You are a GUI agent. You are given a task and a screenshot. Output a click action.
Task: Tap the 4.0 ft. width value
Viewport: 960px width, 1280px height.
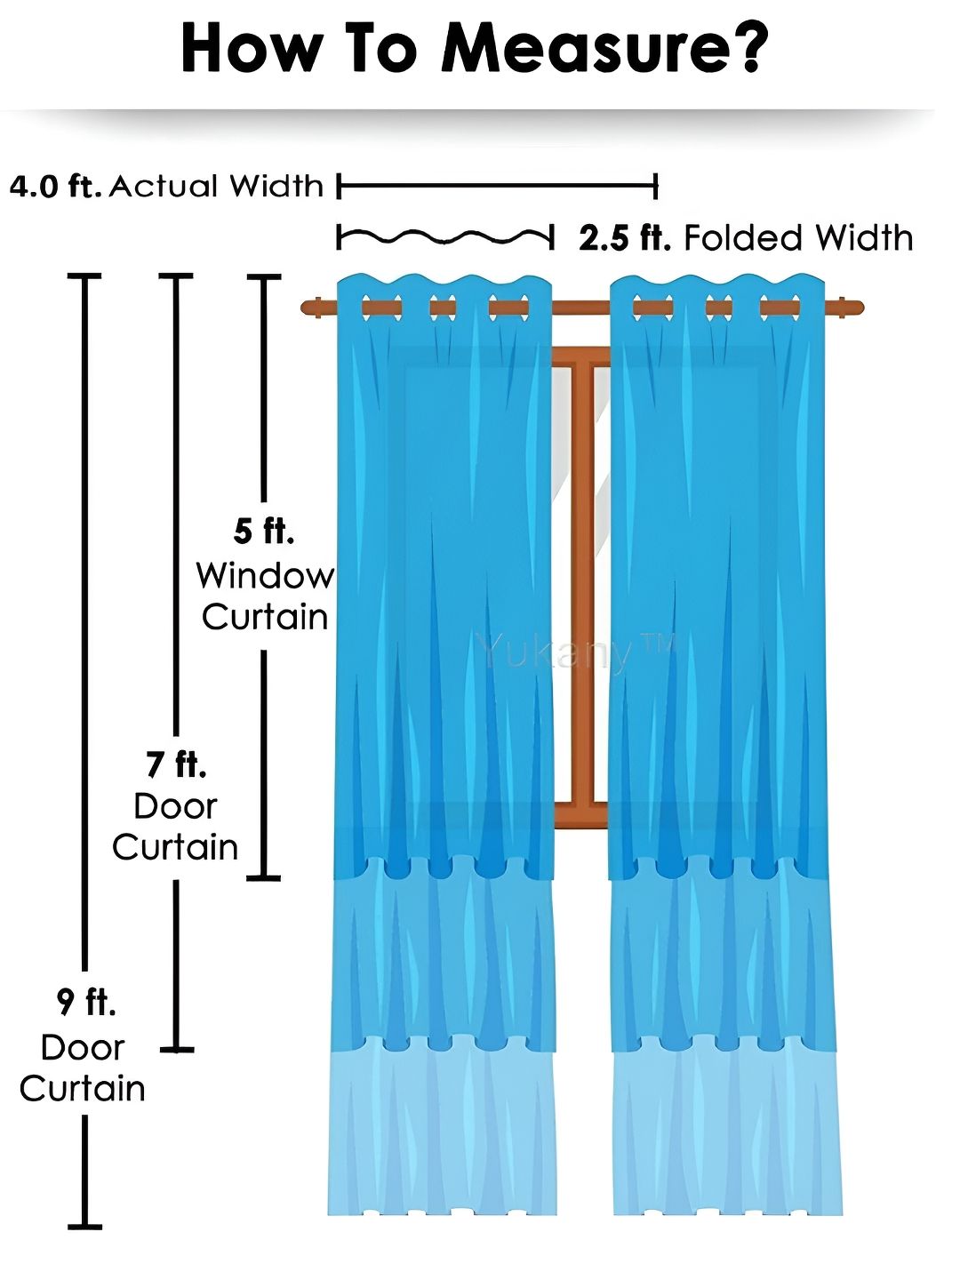56,187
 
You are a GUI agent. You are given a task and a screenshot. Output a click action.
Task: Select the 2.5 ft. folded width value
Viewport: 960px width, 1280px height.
625,238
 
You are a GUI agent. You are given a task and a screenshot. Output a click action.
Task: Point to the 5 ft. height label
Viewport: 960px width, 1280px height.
263,532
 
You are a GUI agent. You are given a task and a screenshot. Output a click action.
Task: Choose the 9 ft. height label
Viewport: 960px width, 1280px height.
85,1002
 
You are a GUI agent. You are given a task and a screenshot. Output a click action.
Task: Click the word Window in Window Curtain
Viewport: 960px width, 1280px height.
265,576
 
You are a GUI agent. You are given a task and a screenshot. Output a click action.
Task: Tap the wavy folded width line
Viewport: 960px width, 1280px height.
445,236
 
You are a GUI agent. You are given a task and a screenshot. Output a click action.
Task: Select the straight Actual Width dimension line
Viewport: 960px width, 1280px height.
497,186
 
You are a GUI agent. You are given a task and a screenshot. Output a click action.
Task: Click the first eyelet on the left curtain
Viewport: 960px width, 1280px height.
382,308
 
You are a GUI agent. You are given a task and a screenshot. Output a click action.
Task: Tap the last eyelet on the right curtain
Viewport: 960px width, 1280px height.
780,308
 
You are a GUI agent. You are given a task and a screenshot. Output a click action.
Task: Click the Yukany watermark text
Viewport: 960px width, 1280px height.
575,652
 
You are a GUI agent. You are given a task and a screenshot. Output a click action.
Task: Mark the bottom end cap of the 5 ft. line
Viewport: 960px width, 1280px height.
263,877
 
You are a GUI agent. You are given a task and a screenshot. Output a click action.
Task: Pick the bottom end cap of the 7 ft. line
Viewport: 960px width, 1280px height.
177,1050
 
